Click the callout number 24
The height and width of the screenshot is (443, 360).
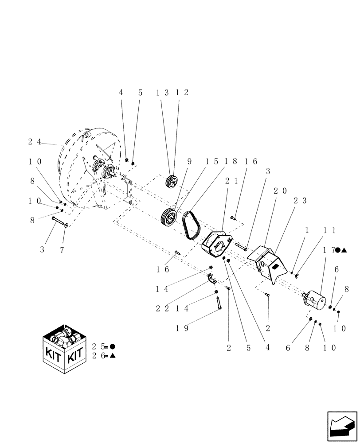coord(35,142)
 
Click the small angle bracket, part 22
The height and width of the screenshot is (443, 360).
coord(211,280)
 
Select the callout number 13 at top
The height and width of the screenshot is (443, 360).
coord(163,93)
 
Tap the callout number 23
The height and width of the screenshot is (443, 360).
coord(300,200)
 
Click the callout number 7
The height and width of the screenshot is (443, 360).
coord(62,250)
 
